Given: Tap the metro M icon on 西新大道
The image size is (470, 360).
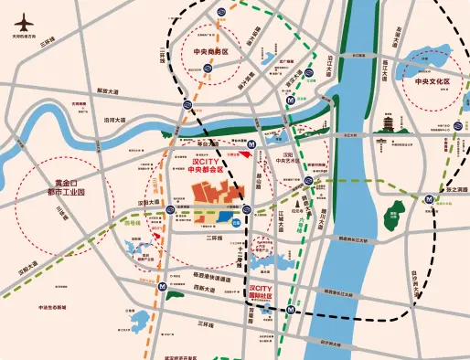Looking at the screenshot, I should (x=162, y=286).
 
